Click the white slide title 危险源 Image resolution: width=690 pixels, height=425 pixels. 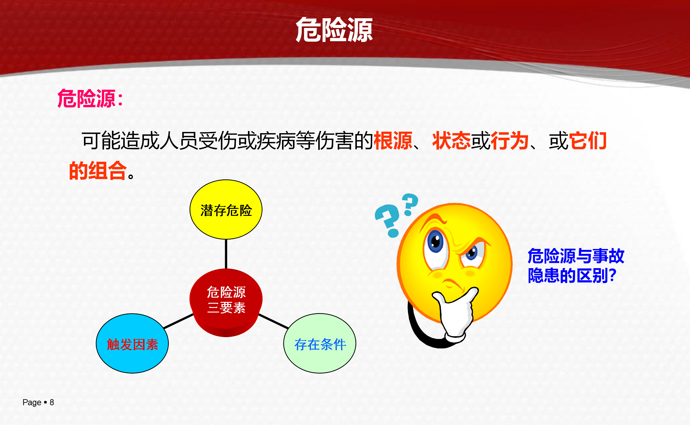[334, 30]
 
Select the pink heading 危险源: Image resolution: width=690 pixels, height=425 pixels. [90, 98]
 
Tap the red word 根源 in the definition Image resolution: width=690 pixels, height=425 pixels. [393, 141]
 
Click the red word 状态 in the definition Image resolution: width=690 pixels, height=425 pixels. [451, 141]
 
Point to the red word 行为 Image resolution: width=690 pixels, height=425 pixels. [510, 141]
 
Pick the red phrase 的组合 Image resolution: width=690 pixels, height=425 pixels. [98, 171]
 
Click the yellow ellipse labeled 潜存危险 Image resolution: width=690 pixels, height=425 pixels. [226, 209]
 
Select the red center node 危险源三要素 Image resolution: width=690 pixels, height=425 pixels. [226, 302]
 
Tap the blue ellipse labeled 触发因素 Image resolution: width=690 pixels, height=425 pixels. [132, 343]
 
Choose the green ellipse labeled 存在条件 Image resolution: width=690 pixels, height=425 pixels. [319, 343]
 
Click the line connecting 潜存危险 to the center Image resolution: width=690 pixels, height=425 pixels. [226, 254]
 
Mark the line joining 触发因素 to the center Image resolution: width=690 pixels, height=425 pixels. [179, 321]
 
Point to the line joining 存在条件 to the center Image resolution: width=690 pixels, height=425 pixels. [273, 321]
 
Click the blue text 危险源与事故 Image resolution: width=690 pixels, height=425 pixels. [576, 256]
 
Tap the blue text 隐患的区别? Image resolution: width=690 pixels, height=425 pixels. [572, 275]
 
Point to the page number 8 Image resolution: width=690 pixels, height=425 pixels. [52, 403]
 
